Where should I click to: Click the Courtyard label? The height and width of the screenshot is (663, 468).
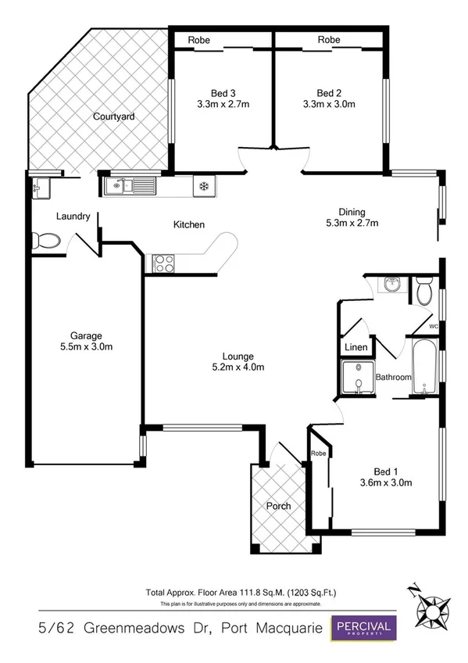(114, 116)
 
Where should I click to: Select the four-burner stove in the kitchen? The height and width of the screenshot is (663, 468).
(163, 263)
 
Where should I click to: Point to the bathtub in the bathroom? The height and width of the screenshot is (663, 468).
(423, 367)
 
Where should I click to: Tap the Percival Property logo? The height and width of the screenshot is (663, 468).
(365, 628)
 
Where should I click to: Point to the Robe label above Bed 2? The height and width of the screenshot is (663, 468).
(329, 39)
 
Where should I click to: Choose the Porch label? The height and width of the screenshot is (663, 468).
(278, 506)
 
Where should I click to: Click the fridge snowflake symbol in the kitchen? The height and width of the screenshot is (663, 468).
(204, 186)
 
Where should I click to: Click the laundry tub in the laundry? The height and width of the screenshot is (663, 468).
(39, 187)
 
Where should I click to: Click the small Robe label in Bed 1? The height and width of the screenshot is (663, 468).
(318, 453)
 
